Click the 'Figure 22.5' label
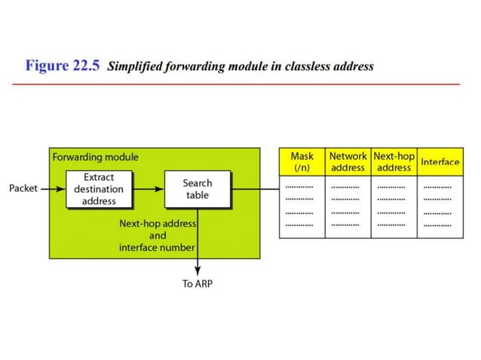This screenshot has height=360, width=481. (63, 66)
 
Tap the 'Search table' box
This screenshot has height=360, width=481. (198, 189)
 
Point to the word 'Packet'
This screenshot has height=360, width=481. (23, 188)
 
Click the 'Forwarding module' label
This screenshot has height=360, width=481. (95, 157)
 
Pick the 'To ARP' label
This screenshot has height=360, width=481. (198, 285)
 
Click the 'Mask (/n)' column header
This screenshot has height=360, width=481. (302, 162)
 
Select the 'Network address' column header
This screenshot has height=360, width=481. (348, 162)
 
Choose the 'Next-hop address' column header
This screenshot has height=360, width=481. (394, 162)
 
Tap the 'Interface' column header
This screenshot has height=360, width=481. (440, 162)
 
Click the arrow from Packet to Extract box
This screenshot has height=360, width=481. (51, 189)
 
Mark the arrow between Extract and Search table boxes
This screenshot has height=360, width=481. (148, 189)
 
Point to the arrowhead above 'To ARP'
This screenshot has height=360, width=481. (198, 272)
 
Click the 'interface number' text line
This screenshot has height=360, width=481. (157, 248)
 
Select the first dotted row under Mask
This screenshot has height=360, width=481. (300, 185)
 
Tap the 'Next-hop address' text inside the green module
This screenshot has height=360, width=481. (158, 224)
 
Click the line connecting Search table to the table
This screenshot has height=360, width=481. (255, 189)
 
